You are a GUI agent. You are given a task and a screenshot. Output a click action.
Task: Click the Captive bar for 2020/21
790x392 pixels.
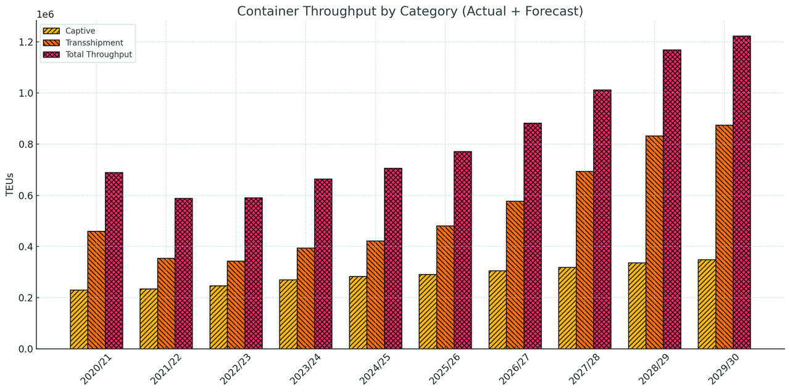79,319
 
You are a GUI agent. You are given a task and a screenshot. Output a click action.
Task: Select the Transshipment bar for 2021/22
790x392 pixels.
166,303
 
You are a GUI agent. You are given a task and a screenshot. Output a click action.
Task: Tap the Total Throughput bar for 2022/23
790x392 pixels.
254,273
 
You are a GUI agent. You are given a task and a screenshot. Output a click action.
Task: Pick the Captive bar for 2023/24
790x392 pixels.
288,314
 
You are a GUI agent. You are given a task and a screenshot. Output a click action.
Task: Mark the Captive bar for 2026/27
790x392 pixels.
497,309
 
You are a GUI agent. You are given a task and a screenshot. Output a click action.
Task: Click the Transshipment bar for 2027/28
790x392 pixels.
584,260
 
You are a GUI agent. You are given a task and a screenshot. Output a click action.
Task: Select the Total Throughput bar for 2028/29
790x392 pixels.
672,199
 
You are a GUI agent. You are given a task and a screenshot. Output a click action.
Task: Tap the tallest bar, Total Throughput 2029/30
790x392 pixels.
742,192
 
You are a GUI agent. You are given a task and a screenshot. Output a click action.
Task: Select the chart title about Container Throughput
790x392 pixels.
410,11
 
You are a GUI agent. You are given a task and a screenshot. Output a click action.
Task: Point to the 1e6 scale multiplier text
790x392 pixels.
45,14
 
